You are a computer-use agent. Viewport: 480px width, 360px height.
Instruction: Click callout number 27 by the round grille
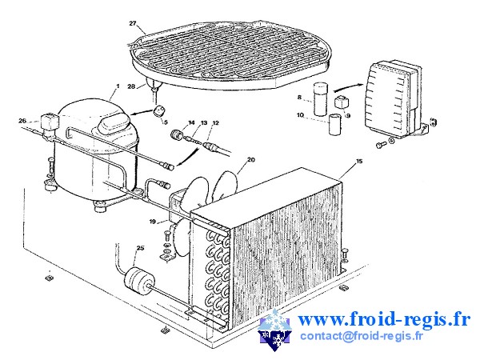tap(133, 23)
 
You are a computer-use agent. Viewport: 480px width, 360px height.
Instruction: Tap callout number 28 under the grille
tap(131, 86)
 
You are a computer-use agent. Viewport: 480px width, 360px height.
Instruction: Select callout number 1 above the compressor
tap(118, 86)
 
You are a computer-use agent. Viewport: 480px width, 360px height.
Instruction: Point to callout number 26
tap(22, 121)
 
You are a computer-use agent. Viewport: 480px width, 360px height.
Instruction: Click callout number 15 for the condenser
tap(359, 161)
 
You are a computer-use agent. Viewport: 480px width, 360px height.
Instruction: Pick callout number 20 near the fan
tap(251, 159)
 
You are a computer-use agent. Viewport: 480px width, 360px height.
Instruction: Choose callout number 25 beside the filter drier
tap(140, 248)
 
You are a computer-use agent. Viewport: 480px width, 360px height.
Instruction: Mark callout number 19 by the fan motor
tap(153, 222)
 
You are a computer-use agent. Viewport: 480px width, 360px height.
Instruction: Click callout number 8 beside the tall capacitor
tap(299, 98)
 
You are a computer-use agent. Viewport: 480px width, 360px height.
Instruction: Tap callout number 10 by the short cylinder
tap(300, 115)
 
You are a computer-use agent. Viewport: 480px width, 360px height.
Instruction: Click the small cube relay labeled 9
tap(341, 102)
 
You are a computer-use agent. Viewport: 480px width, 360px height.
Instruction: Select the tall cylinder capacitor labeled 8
tap(321, 100)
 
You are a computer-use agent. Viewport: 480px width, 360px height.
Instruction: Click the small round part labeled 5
tap(158, 111)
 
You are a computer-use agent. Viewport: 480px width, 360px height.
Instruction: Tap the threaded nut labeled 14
tap(177, 134)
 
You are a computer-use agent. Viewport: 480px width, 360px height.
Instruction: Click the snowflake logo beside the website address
tap(274, 330)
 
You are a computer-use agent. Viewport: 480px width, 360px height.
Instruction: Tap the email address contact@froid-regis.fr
tap(362, 336)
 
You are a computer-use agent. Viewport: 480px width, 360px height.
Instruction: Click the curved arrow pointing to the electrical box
tap(348, 87)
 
